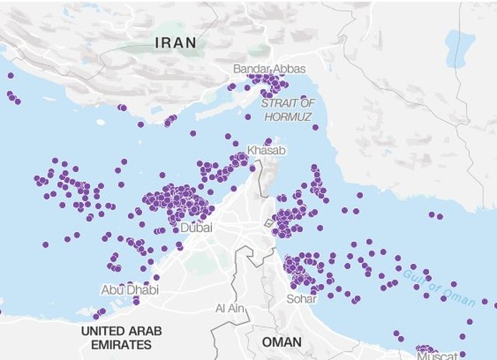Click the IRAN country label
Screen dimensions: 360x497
point(176,43)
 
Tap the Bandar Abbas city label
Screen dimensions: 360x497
point(269,69)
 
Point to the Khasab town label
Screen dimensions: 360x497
point(262,149)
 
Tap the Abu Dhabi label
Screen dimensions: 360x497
point(130,289)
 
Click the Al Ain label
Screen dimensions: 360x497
point(231,308)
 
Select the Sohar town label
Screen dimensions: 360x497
point(301,298)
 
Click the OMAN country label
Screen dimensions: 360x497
point(282,342)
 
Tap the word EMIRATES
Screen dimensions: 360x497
point(122,344)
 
